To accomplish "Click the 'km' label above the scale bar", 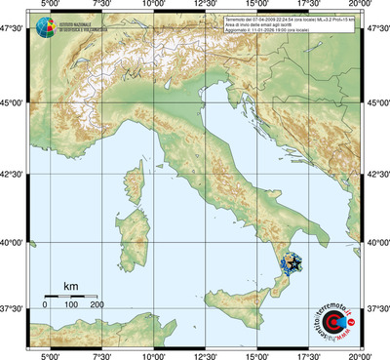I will click(70, 286).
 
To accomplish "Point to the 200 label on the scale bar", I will click(97, 305).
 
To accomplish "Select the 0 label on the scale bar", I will click(45, 305).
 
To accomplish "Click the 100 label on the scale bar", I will click(70, 305).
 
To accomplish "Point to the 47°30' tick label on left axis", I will click(14, 29).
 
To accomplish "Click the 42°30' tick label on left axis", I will click(14, 174).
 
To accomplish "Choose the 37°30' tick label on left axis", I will click(14, 307).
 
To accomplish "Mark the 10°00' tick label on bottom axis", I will click(152, 354).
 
